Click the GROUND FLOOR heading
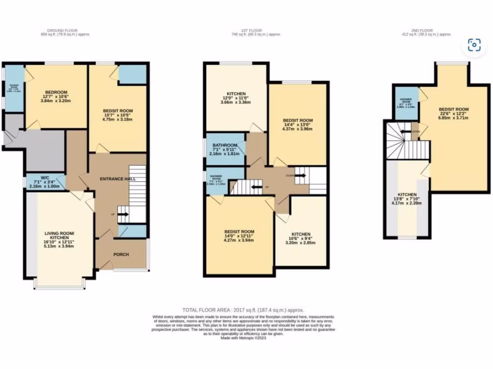65,30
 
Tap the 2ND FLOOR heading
427,30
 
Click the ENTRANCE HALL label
117,179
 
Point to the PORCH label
121,254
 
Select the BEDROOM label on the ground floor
56,92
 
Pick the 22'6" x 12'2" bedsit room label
453,110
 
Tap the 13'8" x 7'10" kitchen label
407,198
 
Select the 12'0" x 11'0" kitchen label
236,93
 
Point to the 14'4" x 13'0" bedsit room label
298,120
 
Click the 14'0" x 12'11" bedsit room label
239,232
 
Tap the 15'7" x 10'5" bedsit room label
117,111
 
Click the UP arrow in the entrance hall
122,215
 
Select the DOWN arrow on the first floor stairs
299,176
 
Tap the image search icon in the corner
474,45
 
